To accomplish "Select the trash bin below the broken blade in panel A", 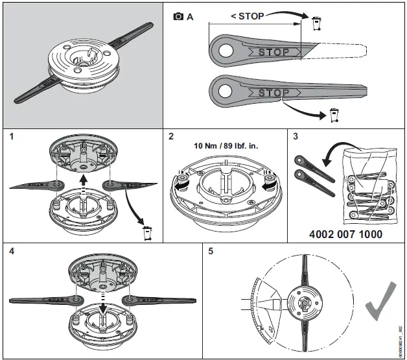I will [334, 117].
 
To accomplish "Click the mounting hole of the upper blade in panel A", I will [227, 49].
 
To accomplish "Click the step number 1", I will [7, 136].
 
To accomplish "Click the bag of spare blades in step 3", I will [367, 178].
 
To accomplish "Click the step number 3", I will [294, 136].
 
